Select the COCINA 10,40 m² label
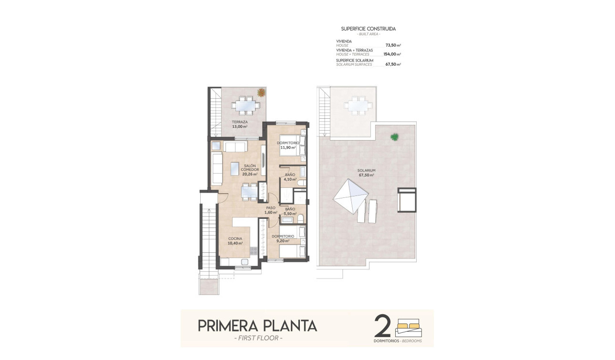click(235, 241)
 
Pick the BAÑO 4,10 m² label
click(290, 177)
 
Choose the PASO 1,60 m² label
click(271, 210)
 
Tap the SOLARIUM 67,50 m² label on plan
click(367, 173)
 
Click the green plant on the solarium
click(394, 137)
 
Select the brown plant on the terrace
click(261, 93)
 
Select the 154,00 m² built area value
click(392, 54)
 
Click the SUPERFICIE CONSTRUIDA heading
click(368, 29)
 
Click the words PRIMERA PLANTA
click(257, 326)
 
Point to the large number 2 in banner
click(382, 327)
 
